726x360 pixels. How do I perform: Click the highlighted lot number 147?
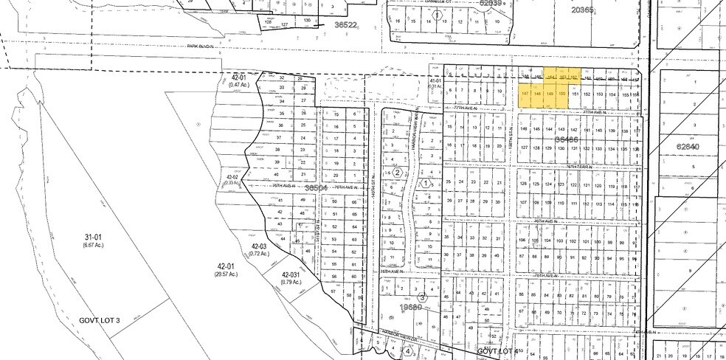click(525, 94)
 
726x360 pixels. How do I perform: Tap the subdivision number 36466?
click(567, 139)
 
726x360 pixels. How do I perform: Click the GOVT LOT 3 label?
click(100, 321)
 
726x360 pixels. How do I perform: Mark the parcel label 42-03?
click(258, 246)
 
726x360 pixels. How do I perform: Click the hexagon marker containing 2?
click(397, 172)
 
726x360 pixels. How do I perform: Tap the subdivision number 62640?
click(687, 147)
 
